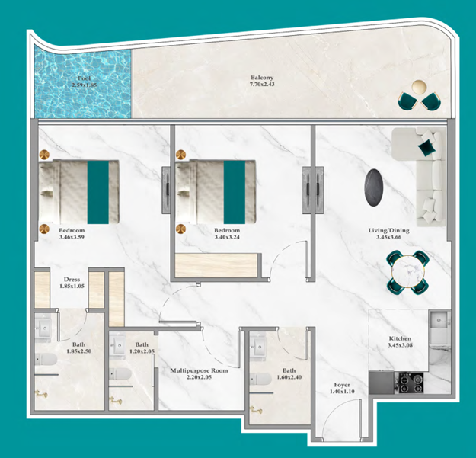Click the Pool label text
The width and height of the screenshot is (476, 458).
coord(84,78)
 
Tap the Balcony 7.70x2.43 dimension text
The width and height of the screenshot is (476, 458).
coord(262,84)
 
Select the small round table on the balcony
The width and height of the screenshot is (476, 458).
coord(419,86)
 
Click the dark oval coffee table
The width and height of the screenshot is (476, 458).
coord(373,187)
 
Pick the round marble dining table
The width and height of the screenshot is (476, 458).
coord(407,272)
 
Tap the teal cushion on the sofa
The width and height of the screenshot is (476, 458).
coord(426,148)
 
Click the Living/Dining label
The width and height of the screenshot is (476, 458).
coord(388,230)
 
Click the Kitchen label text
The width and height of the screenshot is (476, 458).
coord(400,338)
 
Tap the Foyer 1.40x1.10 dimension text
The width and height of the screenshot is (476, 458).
coord(342,392)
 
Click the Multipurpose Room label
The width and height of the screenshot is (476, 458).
coord(199,370)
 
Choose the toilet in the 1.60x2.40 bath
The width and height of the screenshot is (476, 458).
coord(260,379)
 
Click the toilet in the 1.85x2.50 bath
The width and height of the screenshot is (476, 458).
coord(46,360)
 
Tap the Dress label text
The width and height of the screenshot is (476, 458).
coord(72,280)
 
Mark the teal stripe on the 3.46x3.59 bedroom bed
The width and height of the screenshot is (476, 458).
coord(98,192)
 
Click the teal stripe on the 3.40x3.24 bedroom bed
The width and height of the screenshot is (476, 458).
coord(235,192)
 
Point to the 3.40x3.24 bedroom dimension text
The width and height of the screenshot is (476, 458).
coord(227,237)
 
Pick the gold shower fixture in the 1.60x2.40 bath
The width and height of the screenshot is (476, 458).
coord(256,411)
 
